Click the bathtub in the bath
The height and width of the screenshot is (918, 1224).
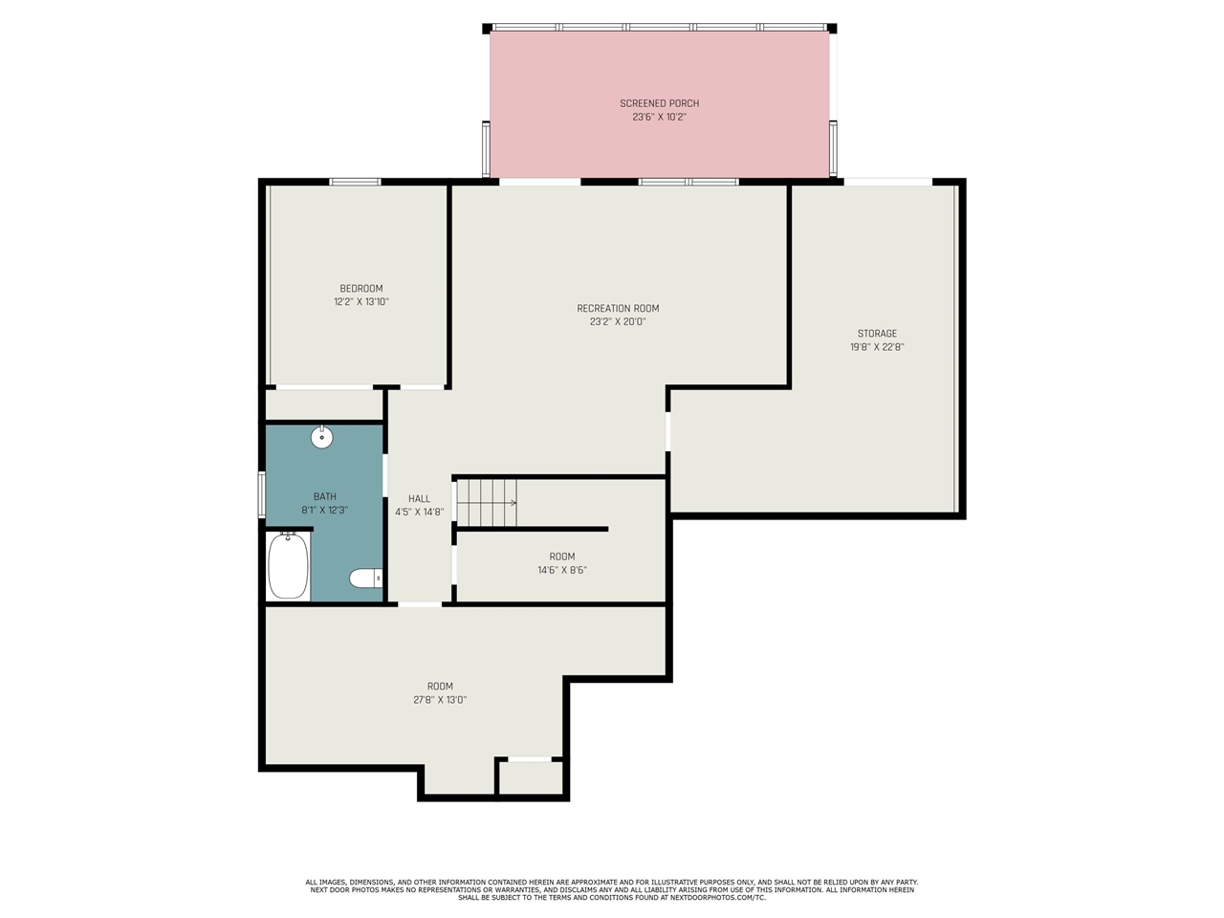coord(288,566)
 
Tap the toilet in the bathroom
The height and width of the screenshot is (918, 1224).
coord(366,578)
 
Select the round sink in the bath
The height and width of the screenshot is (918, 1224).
coord(321,437)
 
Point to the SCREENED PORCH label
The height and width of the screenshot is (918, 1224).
coord(659,103)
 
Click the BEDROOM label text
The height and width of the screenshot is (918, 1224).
coord(361,288)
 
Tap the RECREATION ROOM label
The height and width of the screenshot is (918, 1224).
coord(618,308)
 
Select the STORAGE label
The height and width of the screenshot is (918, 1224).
coord(877,334)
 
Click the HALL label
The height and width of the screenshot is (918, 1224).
coord(420,499)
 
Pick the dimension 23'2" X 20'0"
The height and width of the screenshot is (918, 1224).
coord(618,321)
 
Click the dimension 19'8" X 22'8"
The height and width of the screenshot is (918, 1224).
coord(877,347)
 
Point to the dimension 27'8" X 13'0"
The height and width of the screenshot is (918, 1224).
coord(440,700)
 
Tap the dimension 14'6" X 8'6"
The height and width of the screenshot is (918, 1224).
coord(562,570)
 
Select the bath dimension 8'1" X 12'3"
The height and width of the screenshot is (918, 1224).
coord(324,510)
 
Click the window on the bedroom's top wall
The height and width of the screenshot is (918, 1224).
coord(355,182)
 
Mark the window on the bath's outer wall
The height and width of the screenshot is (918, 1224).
coord(261,495)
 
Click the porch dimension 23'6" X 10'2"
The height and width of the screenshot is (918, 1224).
coord(659,117)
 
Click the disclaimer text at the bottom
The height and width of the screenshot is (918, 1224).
coord(612,889)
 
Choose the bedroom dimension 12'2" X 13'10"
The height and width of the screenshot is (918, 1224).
coord(361,301)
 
